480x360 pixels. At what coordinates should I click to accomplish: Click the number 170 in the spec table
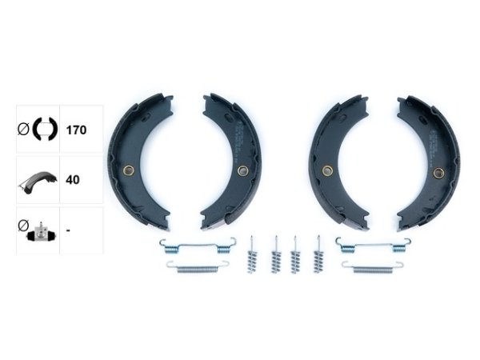[76, 130]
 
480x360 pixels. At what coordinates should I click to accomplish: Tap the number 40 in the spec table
[73, 180]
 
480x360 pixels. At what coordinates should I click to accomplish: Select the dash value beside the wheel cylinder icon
[68, 230]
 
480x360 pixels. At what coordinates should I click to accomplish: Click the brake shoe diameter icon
[45, 129]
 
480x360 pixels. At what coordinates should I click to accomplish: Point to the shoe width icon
[38, 182]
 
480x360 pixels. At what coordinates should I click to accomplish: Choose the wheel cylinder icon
[42, 233]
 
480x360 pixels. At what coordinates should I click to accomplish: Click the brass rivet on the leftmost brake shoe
[129, 170]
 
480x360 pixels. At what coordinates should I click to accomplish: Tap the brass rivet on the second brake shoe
[243, 170]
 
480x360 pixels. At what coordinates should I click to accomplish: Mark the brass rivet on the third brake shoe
[327, 170]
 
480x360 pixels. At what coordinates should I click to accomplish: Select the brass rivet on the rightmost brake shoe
[438, 173]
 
